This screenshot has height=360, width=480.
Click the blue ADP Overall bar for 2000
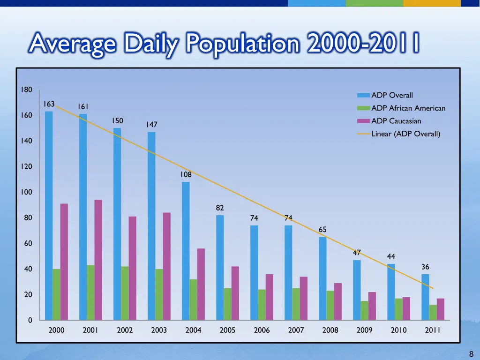click(x=49, y=216)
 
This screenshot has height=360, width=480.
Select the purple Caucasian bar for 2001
click(x=98, y=260)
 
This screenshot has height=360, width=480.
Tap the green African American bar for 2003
click(x=159, y=294)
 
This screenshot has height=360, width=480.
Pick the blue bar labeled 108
click(x=186, y=251)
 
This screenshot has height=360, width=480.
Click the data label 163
click(x=49, y=104)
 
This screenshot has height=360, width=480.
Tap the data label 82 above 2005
click(x=220, y=208)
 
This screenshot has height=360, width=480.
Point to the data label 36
click(x=425, y=267)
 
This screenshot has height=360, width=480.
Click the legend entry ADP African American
click(x=408, y=108)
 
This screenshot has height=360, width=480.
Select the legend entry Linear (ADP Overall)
click(x=405, y=134)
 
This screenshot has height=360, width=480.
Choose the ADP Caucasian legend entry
click(x=396, y=121)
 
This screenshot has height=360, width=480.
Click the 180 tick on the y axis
click(x=26, y=90)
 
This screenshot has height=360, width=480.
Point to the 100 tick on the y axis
click(x=26, y=192)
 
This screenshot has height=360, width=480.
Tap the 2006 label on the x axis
click(x=262, y=330)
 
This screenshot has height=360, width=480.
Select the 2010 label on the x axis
click(x=398, y=330)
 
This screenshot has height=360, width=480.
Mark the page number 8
click(x=471, y=354)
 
